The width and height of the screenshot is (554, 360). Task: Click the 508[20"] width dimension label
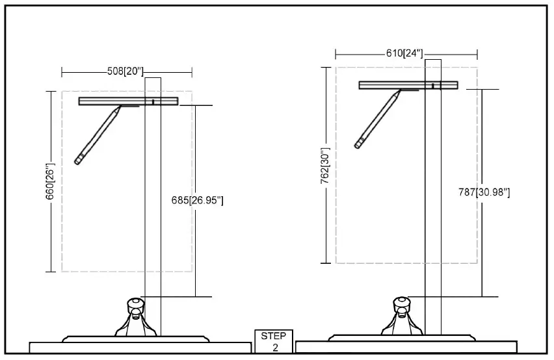[125, 71]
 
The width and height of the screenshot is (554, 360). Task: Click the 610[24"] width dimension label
[404, 53]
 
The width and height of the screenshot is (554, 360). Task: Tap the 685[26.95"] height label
[196, 200]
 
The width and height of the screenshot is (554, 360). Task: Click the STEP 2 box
[274, 342]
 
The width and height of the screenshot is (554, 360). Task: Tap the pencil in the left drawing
[98, 135]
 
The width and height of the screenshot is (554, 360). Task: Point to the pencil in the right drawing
[377, 120]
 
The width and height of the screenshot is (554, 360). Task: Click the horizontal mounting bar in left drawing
[129, 101]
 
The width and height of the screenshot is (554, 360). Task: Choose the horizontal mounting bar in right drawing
[408, 84]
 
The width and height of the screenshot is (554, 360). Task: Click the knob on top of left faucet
[135, 302]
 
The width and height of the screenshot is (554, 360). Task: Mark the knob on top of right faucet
[402, 302]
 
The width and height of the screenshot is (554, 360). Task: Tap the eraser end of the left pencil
[78, 160]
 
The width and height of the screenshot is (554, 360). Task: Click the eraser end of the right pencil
[358, 144]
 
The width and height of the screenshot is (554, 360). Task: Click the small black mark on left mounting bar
[153, 101]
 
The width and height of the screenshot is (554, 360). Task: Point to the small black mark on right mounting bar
[433, 85]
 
